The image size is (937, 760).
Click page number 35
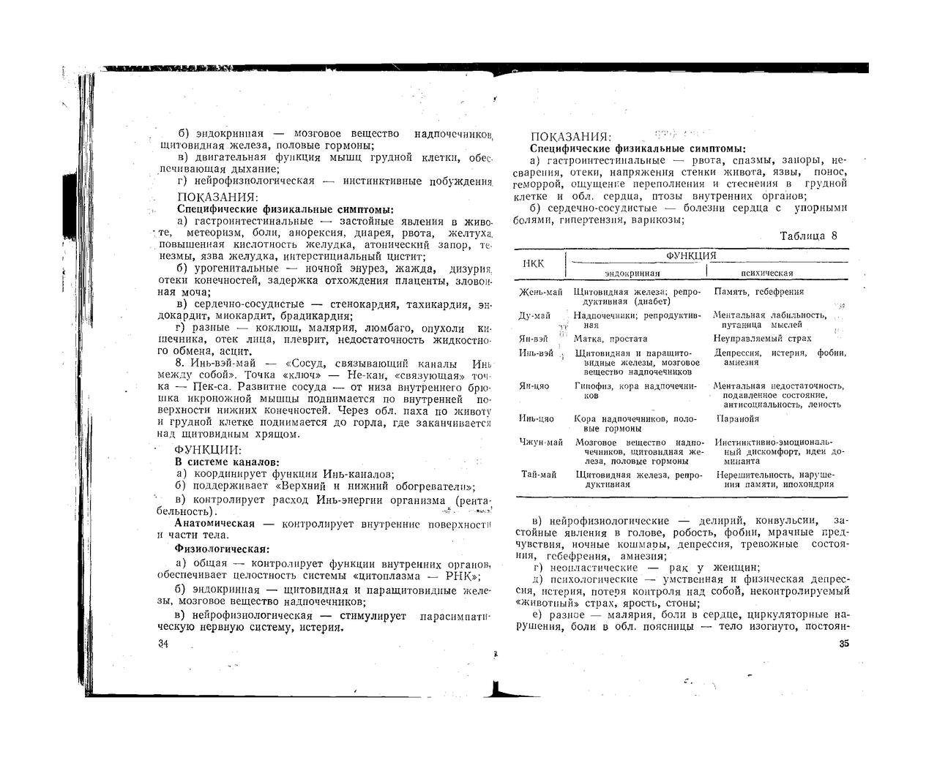[x=843, y=644]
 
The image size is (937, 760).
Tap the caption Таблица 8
[x=808, y=236]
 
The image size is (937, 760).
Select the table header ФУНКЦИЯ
[x=690, y=255]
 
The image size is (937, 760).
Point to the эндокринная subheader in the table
[x=632, y=273]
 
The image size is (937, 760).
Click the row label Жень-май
[x=540, y=292]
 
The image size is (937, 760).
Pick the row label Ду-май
[x=535, y=315]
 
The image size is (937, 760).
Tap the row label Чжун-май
[x=541, y=442]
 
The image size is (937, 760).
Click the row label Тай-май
[x=540, y=475]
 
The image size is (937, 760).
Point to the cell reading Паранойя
[x=737, y=419]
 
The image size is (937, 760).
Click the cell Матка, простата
[x=611, y=339]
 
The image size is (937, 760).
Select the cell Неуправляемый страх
[x=762, y=339]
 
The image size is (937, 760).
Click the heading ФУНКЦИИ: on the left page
[x=208, y=450]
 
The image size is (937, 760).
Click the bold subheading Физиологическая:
[x=222, y=548]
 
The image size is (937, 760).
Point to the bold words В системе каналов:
[x=226, y=462]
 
